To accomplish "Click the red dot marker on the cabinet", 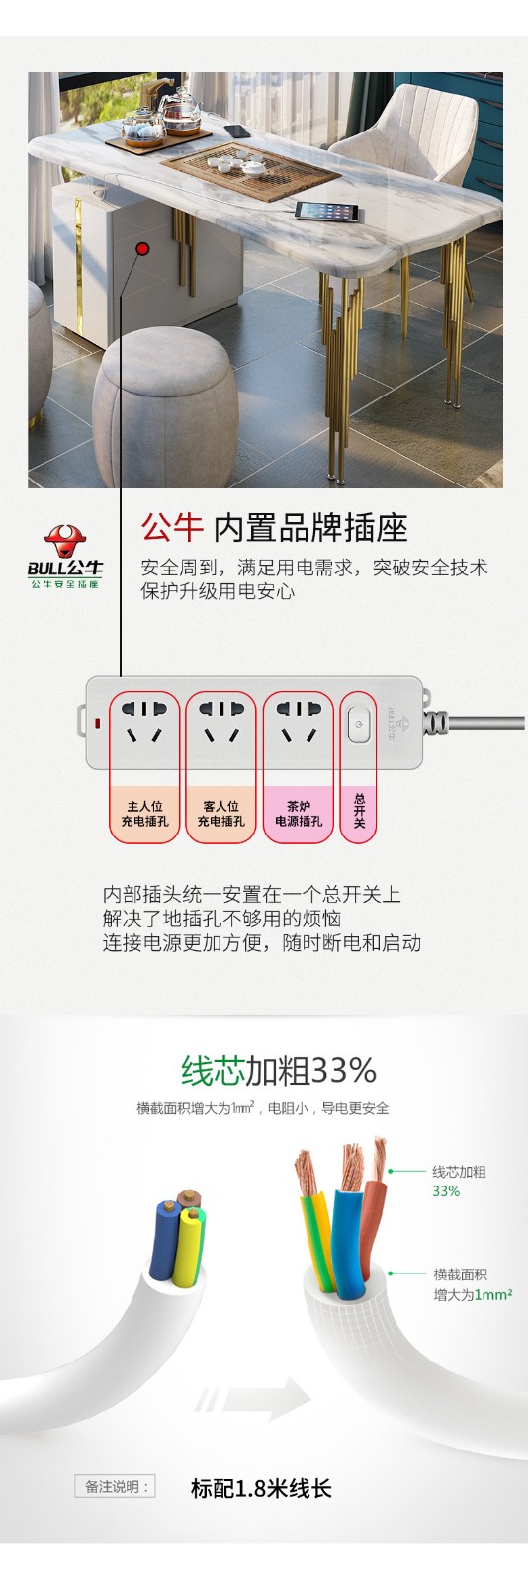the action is click(x=142, y=248).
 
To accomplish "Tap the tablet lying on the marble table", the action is click(x=327, y=212).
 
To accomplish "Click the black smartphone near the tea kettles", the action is click(x=237, y=131).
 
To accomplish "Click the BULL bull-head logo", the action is click(x=64, y=542).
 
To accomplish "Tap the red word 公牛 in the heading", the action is click(x=172, y=528).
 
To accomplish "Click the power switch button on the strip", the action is click(x=359, y=725).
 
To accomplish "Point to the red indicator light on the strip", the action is click(x=98, y=724).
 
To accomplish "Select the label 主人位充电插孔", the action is click(x=144, y=814).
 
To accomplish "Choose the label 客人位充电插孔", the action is click(x=220, y=814).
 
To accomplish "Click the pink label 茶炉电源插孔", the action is click(x=299, y=814).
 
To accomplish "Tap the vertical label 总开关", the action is click(x=359, y=811).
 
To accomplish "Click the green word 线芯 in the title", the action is click(x=213, y=1070).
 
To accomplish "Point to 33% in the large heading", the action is click(x=343, y=1071).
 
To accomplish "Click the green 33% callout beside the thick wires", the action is click(x=446, y=1190).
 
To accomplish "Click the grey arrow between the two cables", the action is click(x=253, y=1399).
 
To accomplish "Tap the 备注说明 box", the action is click(x=115, y=1487).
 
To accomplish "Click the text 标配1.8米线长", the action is click(x=261, y=1488).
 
